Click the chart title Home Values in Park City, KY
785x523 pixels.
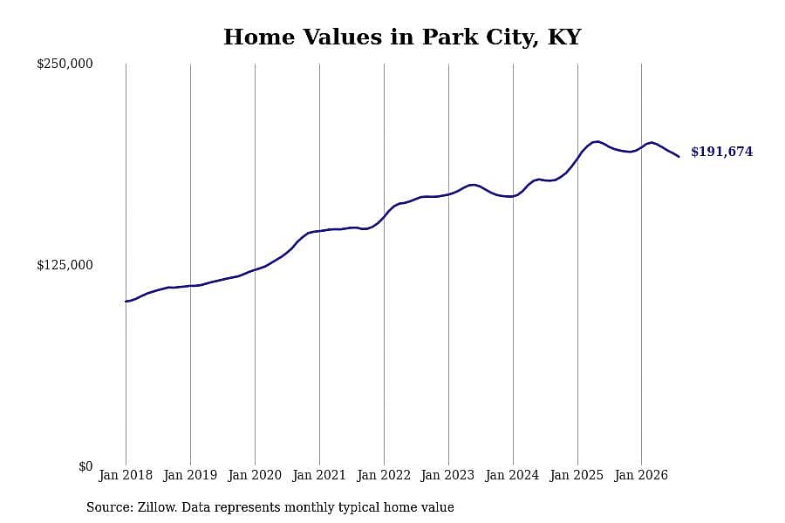coord(402,37)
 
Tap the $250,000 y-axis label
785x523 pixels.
coord(65,64)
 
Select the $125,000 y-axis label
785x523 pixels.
coord(65,265)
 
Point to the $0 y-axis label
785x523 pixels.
coord(85,466)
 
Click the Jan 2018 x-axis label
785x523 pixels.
coord(126,475)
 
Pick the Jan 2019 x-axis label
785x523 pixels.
coord(190,475)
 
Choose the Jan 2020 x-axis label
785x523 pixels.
coord(255,475)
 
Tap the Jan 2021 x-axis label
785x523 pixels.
coord(319,475)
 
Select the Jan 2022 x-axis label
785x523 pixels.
coord(384,475)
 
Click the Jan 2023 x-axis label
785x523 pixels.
coord(448,475)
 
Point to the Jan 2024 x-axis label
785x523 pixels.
coord(513,475)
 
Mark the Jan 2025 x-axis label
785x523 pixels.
coord(577,475)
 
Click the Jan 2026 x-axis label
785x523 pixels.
coord(641,475)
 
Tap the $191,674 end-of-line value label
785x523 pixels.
coord(722,152)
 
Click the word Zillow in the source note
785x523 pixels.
coord(157,507)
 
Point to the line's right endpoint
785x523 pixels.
coord(679,157)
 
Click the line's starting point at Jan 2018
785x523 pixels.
coord(126,302)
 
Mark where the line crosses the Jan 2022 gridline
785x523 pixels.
coord(384,216)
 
